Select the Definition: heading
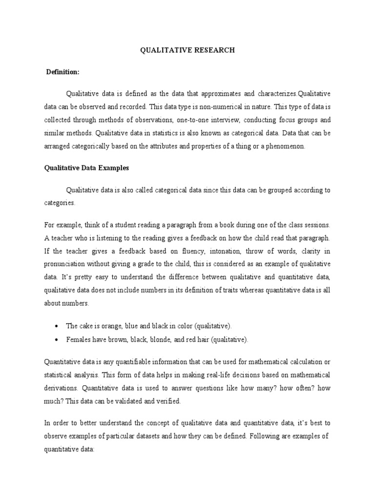(x=62, y=72)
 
